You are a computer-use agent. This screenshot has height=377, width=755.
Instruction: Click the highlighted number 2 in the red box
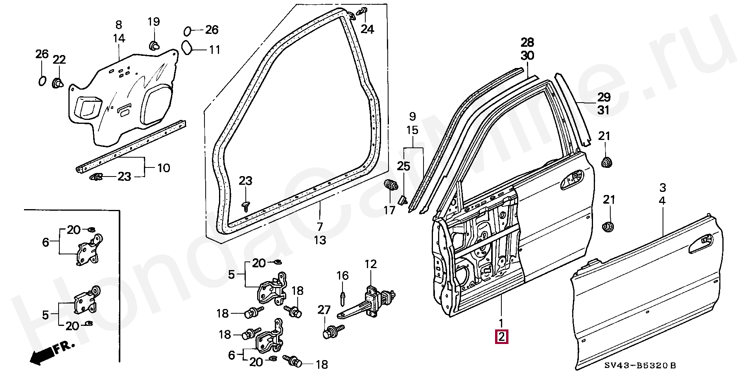[502, 337]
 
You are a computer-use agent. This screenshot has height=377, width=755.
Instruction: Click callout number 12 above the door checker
[370, 264]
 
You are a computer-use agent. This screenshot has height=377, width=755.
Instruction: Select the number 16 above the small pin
[343, 276]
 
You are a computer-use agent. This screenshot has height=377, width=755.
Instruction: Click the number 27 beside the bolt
[324, 310]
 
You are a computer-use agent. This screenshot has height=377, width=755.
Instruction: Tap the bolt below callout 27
[333, 331]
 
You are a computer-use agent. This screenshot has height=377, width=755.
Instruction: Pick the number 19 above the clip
[154, 22]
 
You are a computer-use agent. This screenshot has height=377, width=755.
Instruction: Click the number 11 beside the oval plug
[214, 50]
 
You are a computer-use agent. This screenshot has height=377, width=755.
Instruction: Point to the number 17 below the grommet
[389, 211]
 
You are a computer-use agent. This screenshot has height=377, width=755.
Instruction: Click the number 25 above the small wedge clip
[403, 166]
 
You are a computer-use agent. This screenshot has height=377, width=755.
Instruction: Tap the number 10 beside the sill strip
[164, 168]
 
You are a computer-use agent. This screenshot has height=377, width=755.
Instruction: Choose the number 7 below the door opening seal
[320, 227]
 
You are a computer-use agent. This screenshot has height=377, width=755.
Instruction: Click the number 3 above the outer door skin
[663, 187]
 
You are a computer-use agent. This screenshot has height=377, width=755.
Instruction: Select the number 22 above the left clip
[59, 60]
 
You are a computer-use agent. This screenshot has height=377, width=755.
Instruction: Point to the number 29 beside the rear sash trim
[604, 97]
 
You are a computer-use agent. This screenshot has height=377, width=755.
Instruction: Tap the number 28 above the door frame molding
[528, 42]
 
